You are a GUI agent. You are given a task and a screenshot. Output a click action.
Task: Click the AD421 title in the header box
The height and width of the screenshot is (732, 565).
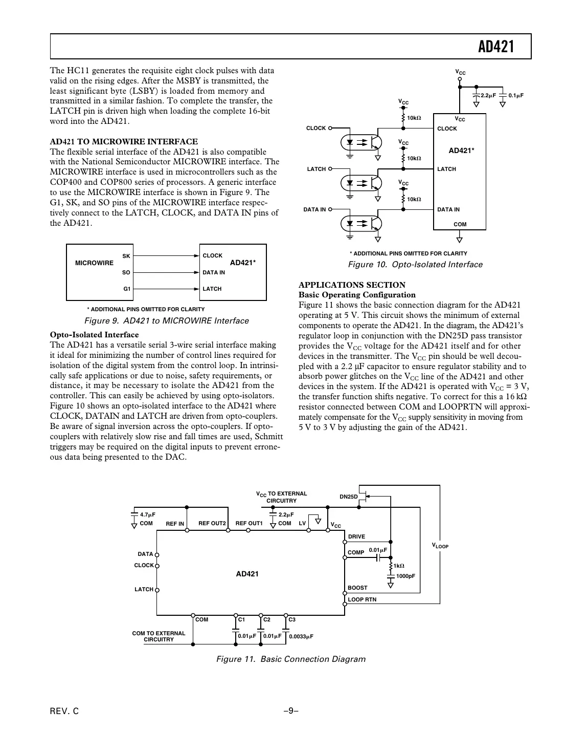(495, 47)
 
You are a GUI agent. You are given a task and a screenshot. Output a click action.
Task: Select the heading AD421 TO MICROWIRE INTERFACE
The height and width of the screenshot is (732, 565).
(124, 142)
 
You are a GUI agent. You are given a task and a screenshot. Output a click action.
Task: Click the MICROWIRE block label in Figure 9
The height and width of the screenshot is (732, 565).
(94, 263)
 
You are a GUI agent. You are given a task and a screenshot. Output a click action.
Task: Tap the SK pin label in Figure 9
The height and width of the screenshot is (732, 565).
(126, 256)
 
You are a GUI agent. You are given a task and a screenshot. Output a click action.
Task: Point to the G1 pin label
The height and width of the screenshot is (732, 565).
(127, 289)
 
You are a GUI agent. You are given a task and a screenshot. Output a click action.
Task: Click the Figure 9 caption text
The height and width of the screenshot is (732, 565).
(166, 321)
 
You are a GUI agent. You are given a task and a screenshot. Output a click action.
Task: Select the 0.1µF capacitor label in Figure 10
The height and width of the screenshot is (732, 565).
(516, 96)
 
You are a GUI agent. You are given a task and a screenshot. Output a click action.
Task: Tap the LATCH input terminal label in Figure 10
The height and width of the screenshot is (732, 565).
(316, 169)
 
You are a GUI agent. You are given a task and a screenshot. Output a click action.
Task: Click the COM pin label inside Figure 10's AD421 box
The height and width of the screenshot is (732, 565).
(460, 225)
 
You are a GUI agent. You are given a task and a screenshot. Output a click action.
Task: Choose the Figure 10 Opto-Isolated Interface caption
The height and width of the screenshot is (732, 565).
(415, 265)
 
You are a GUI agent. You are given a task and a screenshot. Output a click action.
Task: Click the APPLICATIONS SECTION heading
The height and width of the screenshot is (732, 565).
(352, 285)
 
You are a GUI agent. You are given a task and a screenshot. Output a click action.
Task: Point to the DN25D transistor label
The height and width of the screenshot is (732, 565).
(349, 497)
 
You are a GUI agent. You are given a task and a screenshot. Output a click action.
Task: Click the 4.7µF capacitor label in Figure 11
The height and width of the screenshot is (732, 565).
(147, 514)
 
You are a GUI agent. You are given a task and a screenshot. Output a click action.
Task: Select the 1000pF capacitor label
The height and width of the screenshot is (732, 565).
(405, 576)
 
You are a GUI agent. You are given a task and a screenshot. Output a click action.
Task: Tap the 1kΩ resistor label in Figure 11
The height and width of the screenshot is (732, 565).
(399, 566)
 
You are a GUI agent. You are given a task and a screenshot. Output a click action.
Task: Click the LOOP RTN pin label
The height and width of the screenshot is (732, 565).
(362, 599)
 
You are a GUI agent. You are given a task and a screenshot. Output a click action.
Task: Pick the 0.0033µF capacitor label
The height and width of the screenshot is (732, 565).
(301, 636)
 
